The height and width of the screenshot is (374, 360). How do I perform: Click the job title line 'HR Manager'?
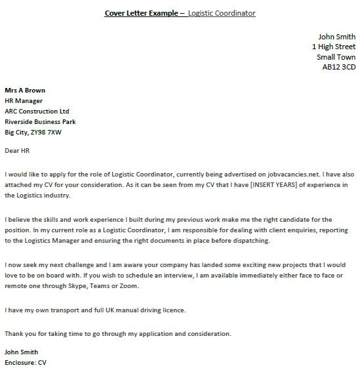coord(24,100)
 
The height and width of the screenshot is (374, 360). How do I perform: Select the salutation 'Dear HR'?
coord(17,152)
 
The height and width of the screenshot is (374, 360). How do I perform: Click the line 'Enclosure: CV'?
coord(26,362)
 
